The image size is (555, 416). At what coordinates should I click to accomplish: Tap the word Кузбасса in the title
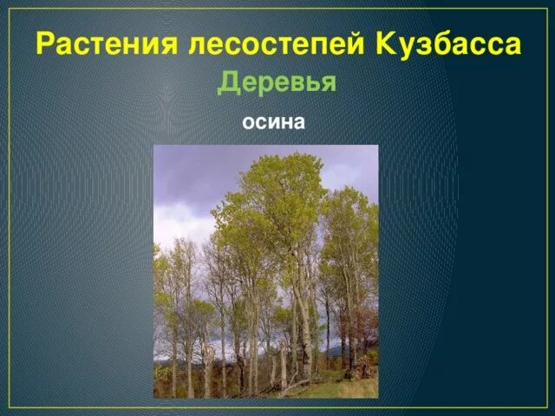tap(450, 43)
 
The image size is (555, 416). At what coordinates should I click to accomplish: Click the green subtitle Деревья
tap(277, 82)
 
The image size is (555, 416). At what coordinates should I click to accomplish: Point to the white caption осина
tap(273, 122)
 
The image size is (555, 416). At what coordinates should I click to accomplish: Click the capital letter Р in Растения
tap(45, 43)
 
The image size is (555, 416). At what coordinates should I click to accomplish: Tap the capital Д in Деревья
tap(227, 83)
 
